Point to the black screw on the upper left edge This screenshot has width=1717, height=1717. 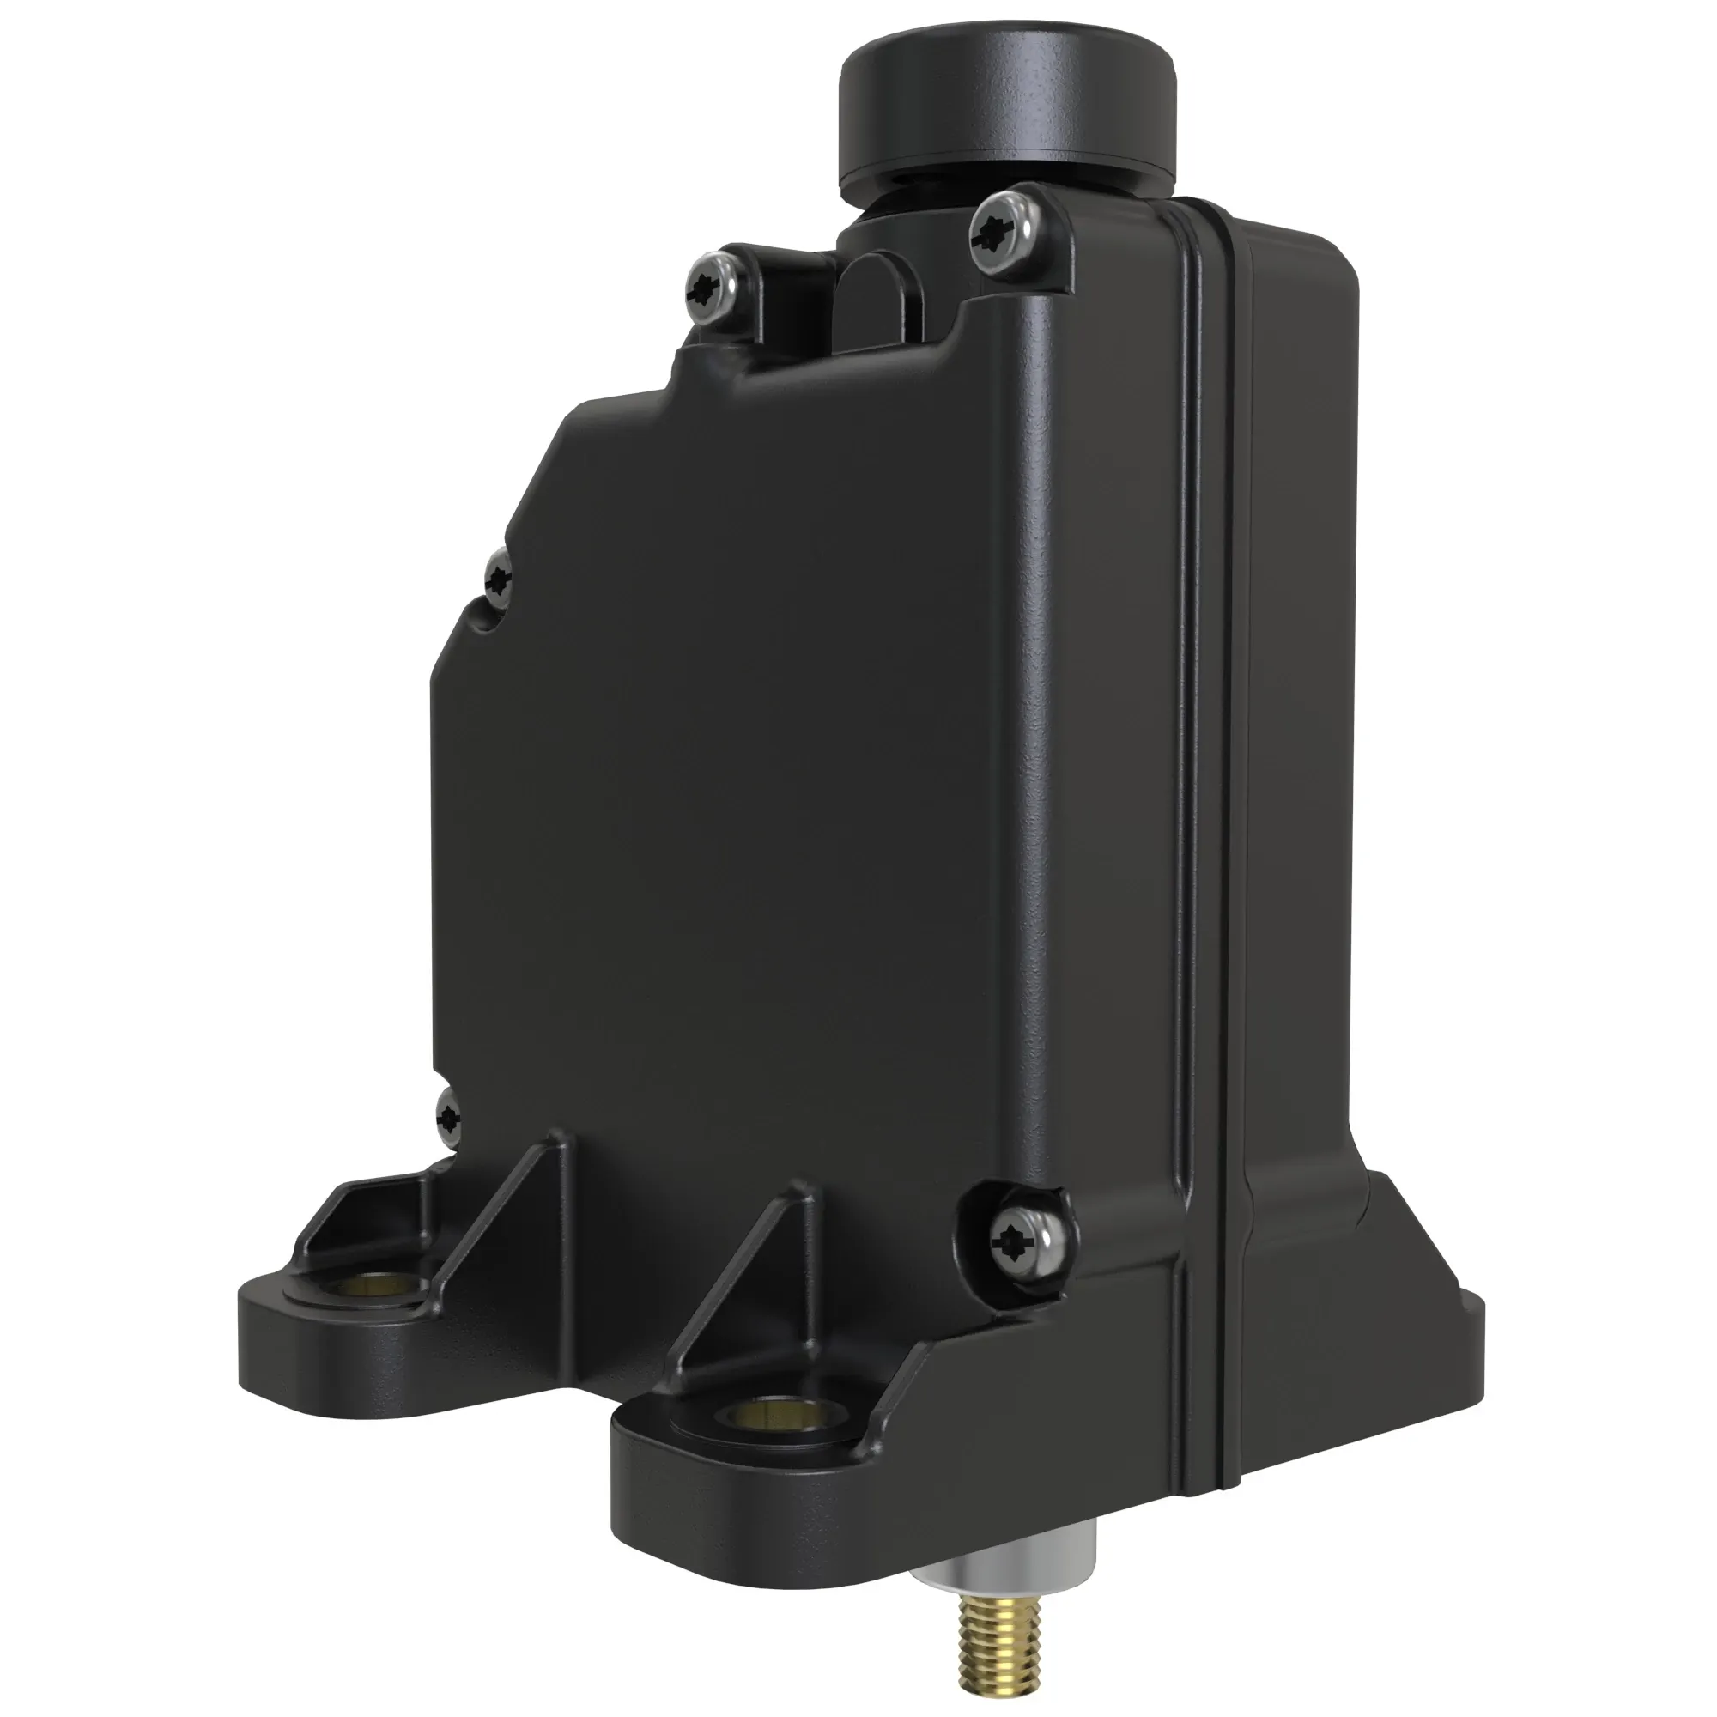[500, 579]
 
